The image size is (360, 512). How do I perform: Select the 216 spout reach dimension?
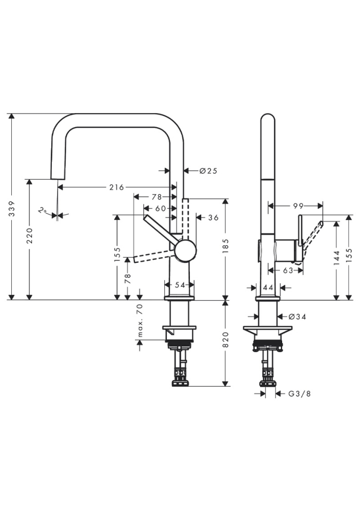[116, 187]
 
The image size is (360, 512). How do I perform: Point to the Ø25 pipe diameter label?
[209, 171]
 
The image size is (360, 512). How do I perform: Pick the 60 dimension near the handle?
[160, 209]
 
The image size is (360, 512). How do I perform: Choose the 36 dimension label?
[213, 218]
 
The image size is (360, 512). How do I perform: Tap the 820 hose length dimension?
[226, 340]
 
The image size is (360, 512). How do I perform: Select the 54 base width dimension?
[180, 285]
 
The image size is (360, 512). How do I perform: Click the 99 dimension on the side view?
[298, 205]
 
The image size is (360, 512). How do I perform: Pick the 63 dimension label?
[288, 270]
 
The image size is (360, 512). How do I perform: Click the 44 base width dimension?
[268, 288]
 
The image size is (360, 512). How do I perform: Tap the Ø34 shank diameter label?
[298, 317]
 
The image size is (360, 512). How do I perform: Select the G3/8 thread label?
[299, 394]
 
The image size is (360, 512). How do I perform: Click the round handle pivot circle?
[185, 250]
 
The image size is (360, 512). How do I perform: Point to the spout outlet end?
[57, 178]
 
